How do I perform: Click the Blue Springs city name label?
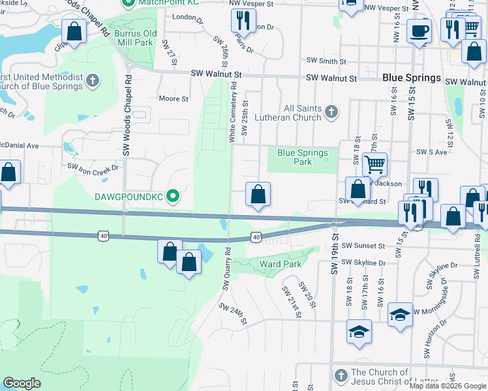click(x=411, y=78)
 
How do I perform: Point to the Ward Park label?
click(x=281, y=265)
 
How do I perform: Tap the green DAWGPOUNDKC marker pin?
click(x=173, y=195)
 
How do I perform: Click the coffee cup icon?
click(x=418, y=29)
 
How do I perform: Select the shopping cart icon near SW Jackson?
click(x=374, y=164)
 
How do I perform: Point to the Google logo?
click(x=22, y=383)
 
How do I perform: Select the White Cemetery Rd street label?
click(x=232, y=114)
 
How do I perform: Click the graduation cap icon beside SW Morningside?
click(x=399, y=314)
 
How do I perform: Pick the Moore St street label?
click(x=174, y=99)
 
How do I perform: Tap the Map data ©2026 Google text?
click(x=448, y=386)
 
